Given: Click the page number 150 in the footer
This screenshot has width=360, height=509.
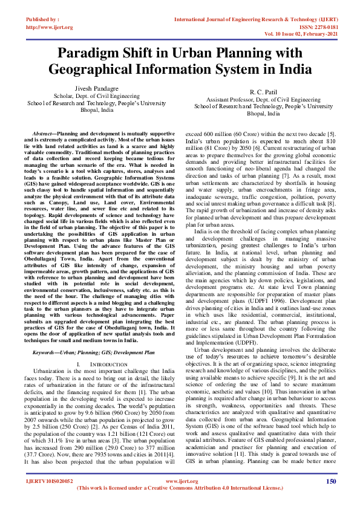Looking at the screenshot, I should coord(331,498).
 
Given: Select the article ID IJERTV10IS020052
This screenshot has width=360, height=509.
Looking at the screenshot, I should coord(49,498).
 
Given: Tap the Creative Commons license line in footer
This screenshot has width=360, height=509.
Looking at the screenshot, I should coord(180,504).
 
